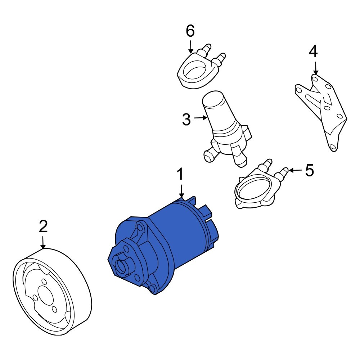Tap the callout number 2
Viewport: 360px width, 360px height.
coord(43,226)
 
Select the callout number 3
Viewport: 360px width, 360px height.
coord(186,120)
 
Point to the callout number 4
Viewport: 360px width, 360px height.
coord(314,52)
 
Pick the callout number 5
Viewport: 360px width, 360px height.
coord(309,171)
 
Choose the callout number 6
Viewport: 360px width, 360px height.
coord(190,31)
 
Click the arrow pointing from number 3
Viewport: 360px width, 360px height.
coord(201,118)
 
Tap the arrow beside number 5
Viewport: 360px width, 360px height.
coord(295,170)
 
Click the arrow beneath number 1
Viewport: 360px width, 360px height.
coord(181,191)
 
